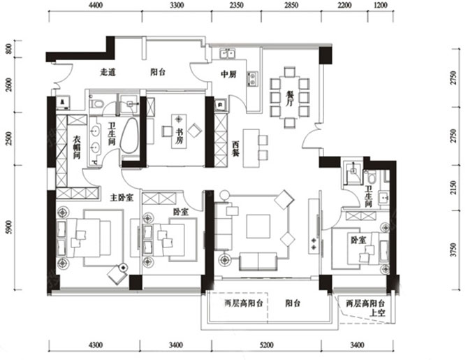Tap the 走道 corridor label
coord(108,71)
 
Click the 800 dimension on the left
coord(8,50)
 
